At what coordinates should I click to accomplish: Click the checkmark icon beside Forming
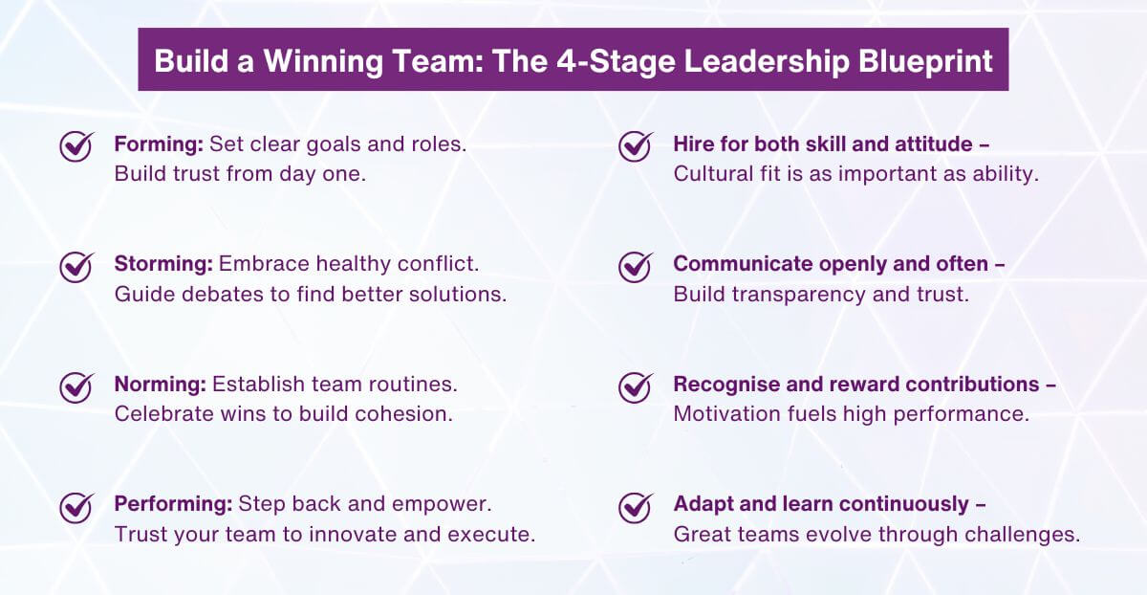pos(76,146)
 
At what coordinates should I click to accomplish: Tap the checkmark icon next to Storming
pos(76,266)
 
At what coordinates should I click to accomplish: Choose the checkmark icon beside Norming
pos(76,386)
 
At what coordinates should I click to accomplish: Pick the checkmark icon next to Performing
pos(76,506)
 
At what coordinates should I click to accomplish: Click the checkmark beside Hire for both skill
pos(636,146)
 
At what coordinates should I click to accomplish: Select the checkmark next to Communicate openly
pos(636,266)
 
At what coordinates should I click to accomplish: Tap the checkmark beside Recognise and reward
pos(636,386)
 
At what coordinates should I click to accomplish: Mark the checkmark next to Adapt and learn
pos(636,506)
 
